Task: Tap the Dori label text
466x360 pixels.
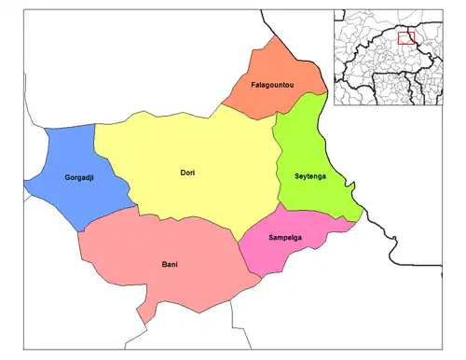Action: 187,173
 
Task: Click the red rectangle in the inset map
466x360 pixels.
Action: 405,38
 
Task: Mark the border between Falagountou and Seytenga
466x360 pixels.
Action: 298,105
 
